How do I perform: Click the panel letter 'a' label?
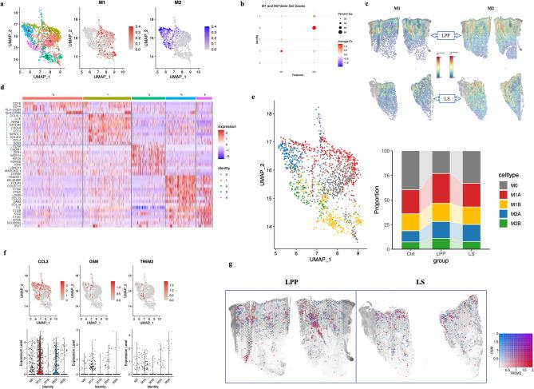(6, 5)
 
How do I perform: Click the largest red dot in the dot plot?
(314, 28)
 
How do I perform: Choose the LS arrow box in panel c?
(443, 98)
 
